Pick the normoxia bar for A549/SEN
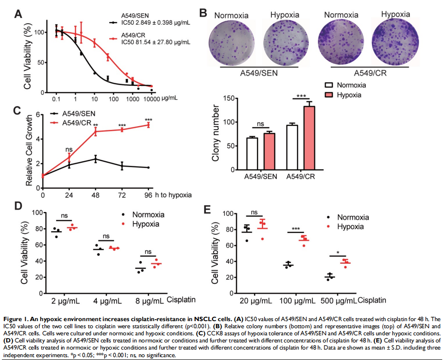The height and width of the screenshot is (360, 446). (x=252, y=153)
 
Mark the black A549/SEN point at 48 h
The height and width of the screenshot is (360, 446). (x=96, y=159)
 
